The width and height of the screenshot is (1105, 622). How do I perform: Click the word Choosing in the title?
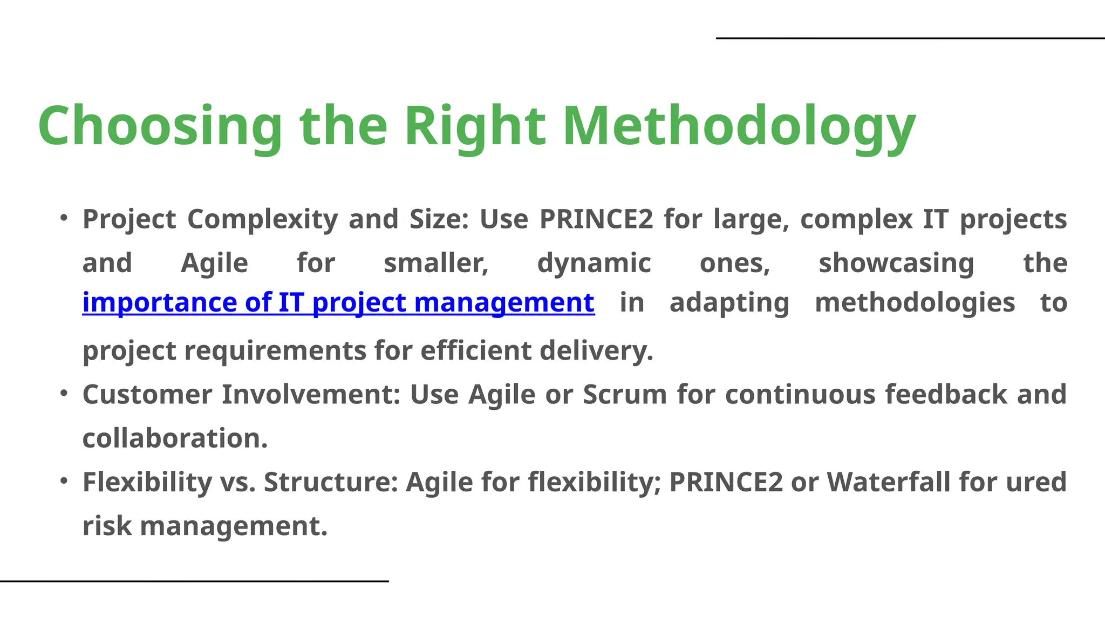160,126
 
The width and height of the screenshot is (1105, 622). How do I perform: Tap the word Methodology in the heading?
739,126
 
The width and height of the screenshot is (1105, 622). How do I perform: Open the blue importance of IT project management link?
338,302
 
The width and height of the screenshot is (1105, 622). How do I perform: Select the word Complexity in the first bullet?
263,219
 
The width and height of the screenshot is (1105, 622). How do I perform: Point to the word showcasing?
896,263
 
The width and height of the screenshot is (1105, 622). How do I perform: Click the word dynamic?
594,263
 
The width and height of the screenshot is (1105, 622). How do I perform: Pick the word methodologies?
915,302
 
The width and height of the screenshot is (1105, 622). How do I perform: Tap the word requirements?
275,350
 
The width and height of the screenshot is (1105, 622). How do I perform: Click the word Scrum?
625,394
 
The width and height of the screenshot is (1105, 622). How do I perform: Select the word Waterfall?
888,482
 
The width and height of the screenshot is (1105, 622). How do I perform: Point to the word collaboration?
175,438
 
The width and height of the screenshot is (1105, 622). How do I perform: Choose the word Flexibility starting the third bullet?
147,482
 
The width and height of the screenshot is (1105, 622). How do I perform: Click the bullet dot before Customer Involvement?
64,393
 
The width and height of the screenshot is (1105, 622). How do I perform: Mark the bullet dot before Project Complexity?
64,218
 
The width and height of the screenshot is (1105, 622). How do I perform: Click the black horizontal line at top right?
910,38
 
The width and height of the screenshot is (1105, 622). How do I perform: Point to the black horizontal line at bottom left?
194,581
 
